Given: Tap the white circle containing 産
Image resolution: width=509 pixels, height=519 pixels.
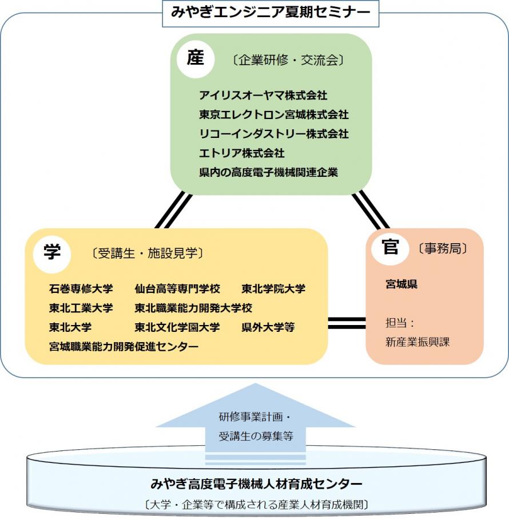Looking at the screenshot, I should pos(195,59).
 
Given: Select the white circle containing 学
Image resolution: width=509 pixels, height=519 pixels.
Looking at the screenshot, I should pos(52,252).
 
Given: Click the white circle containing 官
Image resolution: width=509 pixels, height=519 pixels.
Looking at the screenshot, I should pos(391,248).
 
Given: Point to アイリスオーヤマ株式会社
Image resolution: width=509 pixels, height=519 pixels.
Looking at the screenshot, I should pos(263,95).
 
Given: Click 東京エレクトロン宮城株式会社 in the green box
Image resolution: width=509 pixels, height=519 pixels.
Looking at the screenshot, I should pos(273,114).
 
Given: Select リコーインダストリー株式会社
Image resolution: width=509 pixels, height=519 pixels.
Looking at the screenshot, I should pos(273,134).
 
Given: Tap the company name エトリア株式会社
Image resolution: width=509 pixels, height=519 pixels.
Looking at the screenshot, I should pos(241,153).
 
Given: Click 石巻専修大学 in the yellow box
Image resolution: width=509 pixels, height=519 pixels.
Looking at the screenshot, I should pos(81,288).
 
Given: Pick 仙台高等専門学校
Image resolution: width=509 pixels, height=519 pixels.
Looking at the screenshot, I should pos(177,288).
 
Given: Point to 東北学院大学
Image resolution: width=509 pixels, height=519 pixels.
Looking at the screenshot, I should pos(273,288).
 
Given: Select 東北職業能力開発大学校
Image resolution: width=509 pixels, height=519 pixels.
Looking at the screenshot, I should pos(193,308).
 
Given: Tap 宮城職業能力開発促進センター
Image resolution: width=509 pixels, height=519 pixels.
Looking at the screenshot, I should pos(124,346).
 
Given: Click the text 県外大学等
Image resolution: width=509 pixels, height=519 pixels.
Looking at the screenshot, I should pos(268,327).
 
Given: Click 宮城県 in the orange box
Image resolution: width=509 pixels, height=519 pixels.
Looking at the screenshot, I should pos(401,284).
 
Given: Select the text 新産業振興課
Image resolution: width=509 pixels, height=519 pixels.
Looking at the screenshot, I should pos(409,342).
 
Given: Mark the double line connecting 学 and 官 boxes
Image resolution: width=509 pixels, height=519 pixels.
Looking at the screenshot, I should pos(347,323).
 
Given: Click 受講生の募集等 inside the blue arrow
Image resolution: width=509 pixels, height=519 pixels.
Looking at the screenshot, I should pos(256,437).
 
